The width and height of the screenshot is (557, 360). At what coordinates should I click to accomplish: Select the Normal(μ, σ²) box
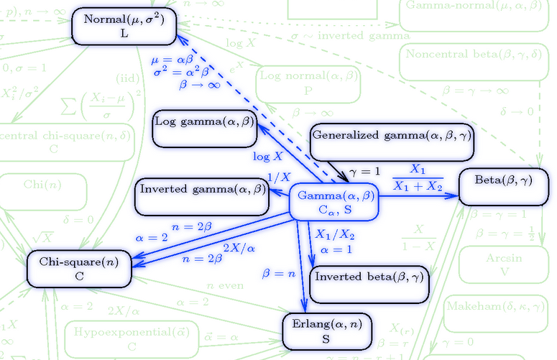click(125, 26)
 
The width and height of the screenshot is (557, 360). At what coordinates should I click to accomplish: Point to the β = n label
click(279, 274)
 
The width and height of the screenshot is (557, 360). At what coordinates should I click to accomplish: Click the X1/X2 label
click(335, 234)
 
